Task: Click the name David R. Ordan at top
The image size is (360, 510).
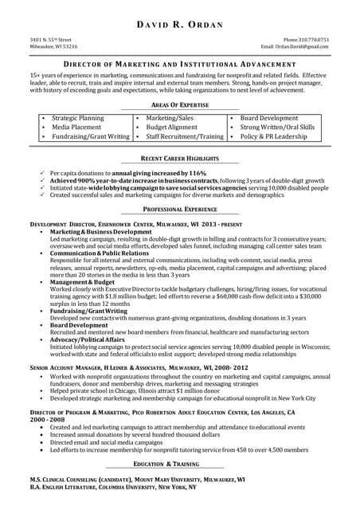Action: click(x=180, y=25)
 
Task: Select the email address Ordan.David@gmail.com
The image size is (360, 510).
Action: click(x=306, y=46)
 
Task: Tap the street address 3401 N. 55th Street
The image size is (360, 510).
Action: click(x=51, y=39)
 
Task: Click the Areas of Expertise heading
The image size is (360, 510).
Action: click(x=179, y=104)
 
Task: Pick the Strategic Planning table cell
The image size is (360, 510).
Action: click(x=78, y=117)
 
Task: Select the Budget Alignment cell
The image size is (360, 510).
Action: click(x=171, y=127)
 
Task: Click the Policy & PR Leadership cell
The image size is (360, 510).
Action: click(x=273, y=136)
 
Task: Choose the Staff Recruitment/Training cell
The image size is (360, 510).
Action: click(x=185, y=136)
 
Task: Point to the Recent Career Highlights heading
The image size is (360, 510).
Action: click(x=179, y=159)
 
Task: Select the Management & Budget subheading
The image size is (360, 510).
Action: click(x=83, y=281)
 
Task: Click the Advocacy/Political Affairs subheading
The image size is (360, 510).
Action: click(x=88, y=339)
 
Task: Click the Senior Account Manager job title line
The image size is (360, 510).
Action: click(x=127, y=367)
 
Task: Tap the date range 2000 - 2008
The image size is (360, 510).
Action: click(x=49, y=418)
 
